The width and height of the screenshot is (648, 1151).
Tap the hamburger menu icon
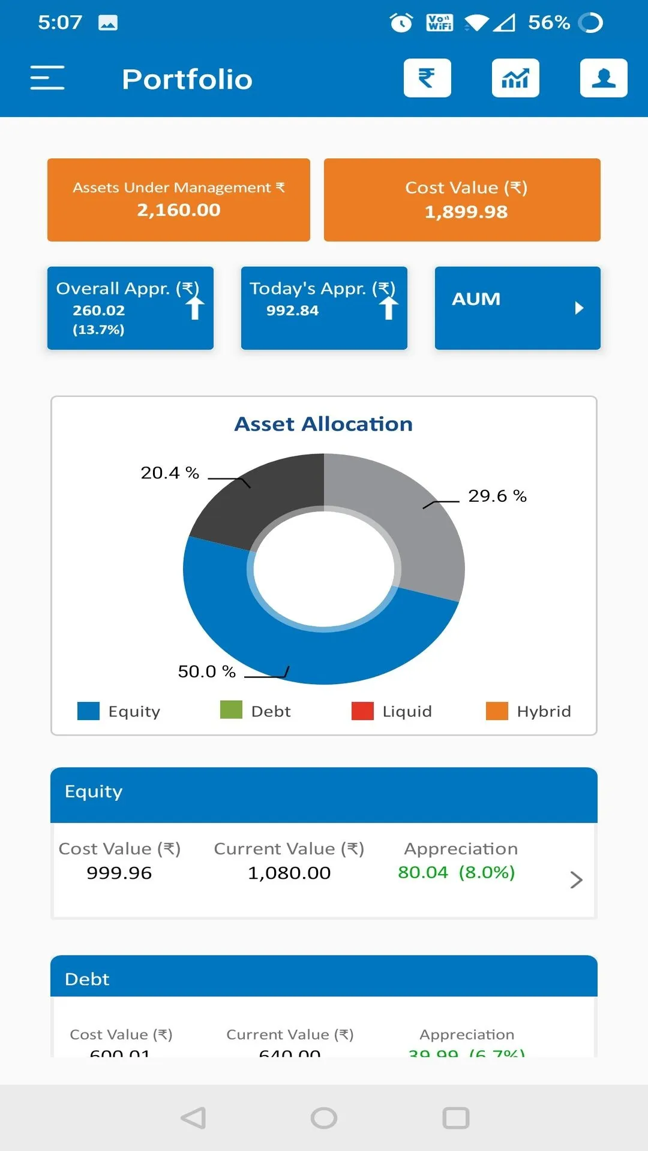pyautogui.click(x=47, y=78)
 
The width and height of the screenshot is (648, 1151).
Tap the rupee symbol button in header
pyautogui.click(x=427, y=78)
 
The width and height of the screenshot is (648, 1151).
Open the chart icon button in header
pyautogui.click(x=515, y=78)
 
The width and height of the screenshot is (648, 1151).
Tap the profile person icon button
pyautogui.click(x=604, y=78)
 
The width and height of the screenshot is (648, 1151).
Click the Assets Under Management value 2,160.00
pyautogui.click(x=179, y=210)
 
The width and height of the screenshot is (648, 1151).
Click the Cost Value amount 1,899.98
pyautogui.click(x=466, y=212)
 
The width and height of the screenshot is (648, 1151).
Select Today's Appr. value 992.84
pyautogui.click(x=292, y=311)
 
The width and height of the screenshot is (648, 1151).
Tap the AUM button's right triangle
pyautogui.click(x=578, y=308)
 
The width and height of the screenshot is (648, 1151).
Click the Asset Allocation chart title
pyautogui.click(x=323, y=424)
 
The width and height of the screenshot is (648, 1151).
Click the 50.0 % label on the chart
pyautogui.click(x=206, y=671)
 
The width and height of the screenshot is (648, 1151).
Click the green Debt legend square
pyautogui.click(x=231, y=710)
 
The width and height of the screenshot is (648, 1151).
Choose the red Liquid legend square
pyautogui.click(x=362, y=711)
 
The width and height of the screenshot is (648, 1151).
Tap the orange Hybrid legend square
pyautogui.click(x=497, y=711)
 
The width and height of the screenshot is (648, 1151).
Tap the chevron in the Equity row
pyautogui.click(x=576, y=879)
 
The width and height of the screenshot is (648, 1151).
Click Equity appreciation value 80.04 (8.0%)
pyautogui.click(x=456, y=872)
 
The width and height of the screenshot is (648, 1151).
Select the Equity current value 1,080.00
pyautogui.click(x=289, y=873)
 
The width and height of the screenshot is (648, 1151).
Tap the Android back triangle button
pyautogui.click(x=194, y=1118)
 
